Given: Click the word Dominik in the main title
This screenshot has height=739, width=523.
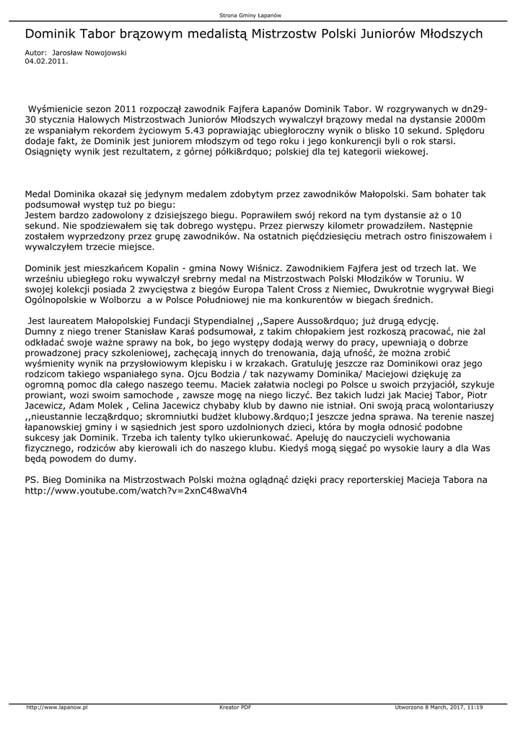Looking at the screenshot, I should tap(51, 34).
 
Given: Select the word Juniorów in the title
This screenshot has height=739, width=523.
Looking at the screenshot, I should tap(401, 34).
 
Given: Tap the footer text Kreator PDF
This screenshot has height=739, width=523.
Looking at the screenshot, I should tap(234, 707).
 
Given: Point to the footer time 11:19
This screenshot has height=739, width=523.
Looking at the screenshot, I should tap(475, 707).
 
